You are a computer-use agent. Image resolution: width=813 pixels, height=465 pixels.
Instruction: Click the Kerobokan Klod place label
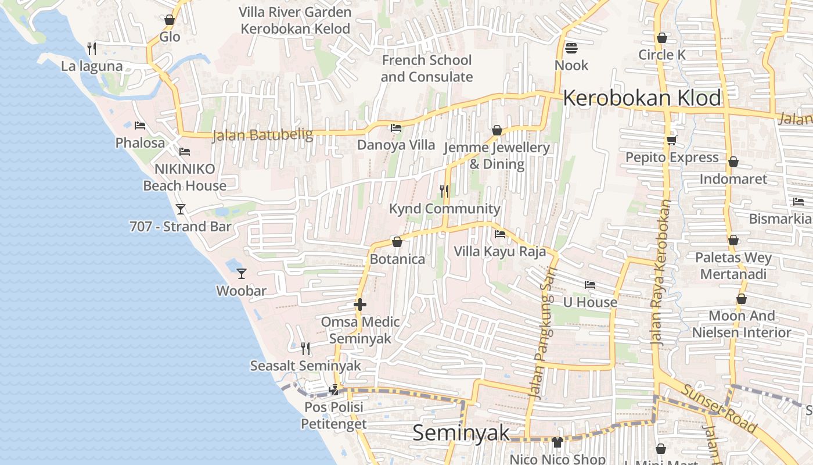coord(642,98)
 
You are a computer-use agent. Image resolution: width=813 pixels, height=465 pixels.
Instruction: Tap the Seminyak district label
coord(461,432)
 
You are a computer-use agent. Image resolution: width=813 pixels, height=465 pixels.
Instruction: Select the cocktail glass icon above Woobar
coord(242,273)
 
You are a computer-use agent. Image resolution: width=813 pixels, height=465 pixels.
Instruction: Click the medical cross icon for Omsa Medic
coord(360,305)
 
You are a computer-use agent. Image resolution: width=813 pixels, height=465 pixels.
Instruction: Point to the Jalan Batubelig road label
coord(262,135)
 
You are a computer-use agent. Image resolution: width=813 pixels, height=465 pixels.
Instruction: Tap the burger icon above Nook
coord(571,48)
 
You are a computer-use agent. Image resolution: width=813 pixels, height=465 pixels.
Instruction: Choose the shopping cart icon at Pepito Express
coord(672,141)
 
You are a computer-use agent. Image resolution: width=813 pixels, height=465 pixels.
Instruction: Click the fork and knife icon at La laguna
coord(92,48)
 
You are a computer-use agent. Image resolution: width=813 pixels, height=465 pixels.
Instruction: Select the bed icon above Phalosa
coord(139,125)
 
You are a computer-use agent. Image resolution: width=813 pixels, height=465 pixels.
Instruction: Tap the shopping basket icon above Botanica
coord(397,241)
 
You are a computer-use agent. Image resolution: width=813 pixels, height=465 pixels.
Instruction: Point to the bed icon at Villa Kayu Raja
coord(499,234)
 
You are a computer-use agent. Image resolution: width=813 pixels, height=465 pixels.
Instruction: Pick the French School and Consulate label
coord(427,69)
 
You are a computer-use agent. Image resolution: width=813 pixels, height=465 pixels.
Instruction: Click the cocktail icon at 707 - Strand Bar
coord(181,209)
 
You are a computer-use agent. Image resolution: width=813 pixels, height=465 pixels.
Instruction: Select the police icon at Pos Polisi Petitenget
coord(334,390)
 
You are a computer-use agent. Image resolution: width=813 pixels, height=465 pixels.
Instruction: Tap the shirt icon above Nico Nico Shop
coord(557,442)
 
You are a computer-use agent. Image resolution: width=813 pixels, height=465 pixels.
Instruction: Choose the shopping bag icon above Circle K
coord(661,38)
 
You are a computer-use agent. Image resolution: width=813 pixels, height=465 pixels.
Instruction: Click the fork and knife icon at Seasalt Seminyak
coord(305,348)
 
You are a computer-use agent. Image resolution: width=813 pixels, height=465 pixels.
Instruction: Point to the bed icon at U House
coord(590,285)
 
